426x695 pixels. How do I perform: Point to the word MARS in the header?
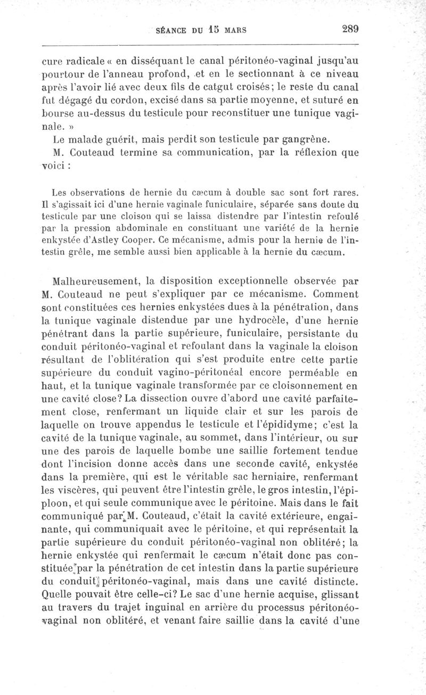point(235,30)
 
